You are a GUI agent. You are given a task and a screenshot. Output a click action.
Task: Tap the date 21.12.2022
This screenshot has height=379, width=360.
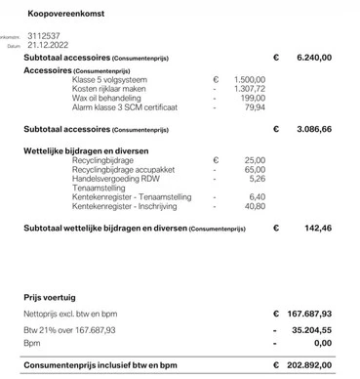click(x=46, y=45)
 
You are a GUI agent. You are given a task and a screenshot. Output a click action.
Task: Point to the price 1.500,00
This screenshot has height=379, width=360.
click(x=251, y=79)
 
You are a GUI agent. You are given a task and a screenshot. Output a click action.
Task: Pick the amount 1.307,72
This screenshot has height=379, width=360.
click(x=251, y=89)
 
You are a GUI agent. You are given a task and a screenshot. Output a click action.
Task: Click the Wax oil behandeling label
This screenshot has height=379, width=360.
click(x=112, y=98)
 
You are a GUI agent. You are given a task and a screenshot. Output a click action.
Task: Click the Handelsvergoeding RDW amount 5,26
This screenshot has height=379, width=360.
click(x=258, y=179)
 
